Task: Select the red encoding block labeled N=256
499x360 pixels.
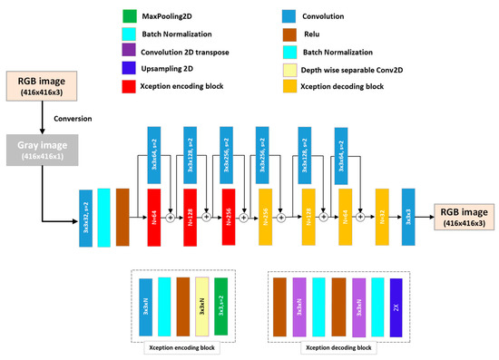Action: click(228, 217)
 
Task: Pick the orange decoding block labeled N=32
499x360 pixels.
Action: click(382, 217)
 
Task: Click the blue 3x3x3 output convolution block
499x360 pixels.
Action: click(408, 217)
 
